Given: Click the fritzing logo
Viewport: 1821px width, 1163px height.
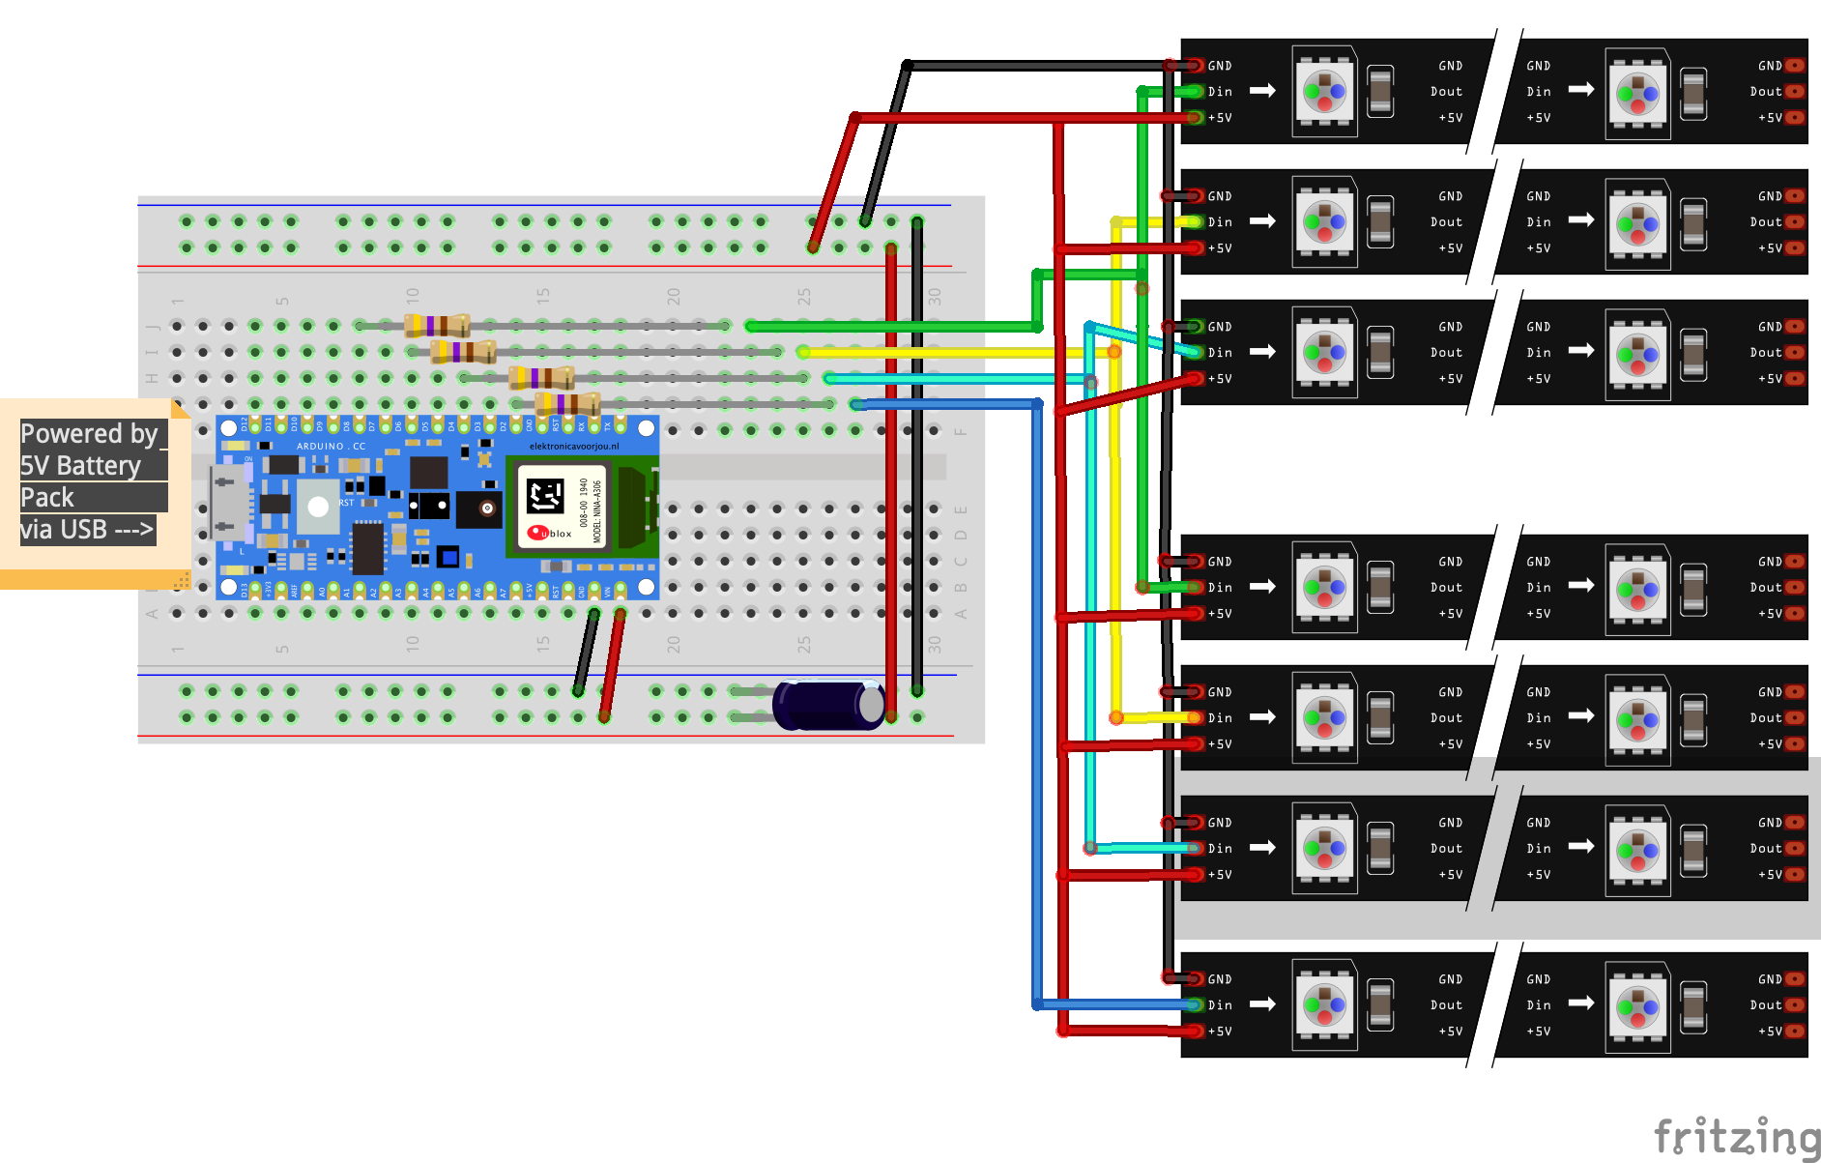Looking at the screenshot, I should coord(1736,1137).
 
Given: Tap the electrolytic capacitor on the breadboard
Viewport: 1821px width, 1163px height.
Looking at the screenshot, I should coord(829,705).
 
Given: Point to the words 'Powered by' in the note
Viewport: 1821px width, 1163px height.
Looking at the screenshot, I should coord(89,433).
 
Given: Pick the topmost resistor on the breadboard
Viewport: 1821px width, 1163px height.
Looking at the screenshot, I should coord(437,326).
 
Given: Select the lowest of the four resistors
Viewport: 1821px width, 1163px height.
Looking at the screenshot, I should coord(567,403).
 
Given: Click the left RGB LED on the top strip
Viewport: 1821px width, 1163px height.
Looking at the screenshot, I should coord(1324,92).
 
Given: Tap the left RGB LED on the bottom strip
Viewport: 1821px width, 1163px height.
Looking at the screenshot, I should coord(1324,1005).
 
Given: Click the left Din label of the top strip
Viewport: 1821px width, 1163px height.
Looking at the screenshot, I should coord(1220,92).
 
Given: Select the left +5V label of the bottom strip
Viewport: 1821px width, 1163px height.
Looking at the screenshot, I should coord(1219,1032).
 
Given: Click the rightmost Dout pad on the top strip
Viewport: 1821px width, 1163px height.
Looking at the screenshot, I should coord(1795,92).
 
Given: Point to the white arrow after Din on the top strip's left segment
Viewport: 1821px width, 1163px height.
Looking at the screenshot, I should coord(1262,91).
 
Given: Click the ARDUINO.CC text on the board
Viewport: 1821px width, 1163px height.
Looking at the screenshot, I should coord(331,447).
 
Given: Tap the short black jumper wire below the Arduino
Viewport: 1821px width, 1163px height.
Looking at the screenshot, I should coord(586,653).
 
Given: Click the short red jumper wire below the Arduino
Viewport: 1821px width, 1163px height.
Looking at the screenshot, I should coord(612,665).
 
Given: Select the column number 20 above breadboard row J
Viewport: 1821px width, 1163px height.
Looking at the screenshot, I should coord(674,296).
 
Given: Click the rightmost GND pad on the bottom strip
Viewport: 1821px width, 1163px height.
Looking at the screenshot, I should coord(1795,979).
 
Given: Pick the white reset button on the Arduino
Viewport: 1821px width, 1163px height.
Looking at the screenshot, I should coord(318,507).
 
